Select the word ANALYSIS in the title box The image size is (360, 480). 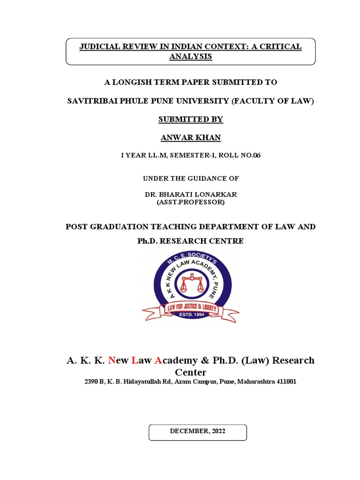(190, 57)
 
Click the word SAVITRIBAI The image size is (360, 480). (94, 101)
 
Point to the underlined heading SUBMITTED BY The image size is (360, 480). (190, 120)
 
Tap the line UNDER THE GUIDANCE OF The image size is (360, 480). (190, 179)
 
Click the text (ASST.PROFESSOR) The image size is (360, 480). (190, 202)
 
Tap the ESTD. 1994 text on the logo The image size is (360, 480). (190, 315)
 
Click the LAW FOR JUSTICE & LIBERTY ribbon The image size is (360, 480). (190, 307)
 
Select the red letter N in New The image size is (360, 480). (112, 360)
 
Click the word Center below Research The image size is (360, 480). (190, 373)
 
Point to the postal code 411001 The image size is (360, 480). (283, 382)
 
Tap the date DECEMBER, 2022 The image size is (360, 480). (197, 431)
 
